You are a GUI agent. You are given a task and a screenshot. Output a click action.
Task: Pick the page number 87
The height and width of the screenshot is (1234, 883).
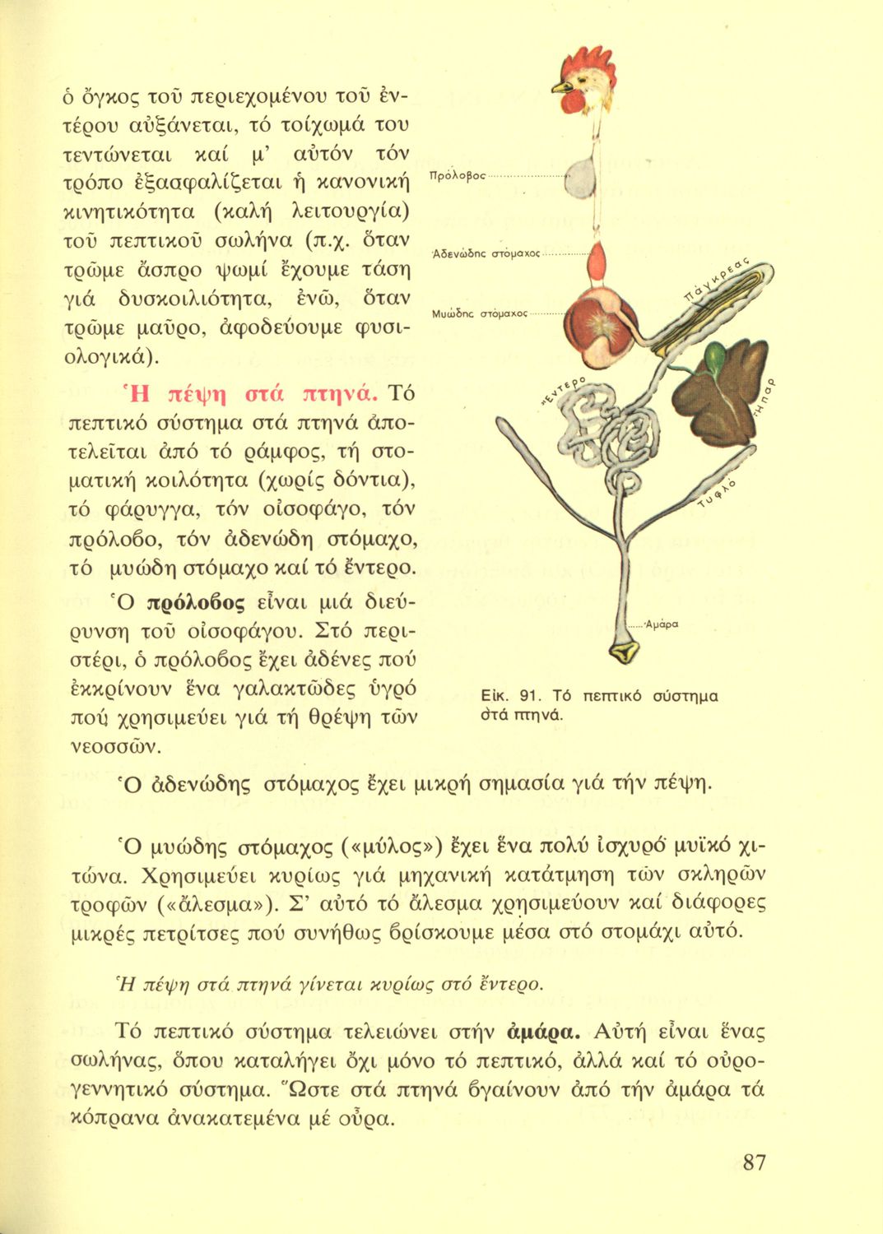(x=754, y=1162)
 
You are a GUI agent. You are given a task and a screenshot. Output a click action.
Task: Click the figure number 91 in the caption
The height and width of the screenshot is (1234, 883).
(x=525, y=696)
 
